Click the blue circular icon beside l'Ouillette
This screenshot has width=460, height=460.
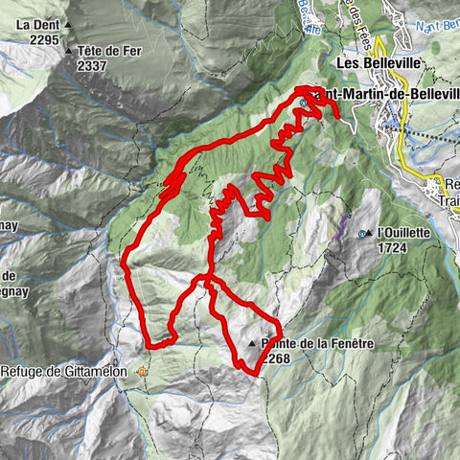[x=361, y=234]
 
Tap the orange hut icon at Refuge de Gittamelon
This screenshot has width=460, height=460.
[x=144, y=371]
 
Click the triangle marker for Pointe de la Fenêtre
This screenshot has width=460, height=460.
[x=253, y=343]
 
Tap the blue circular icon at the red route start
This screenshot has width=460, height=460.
[x=303, y=102]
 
